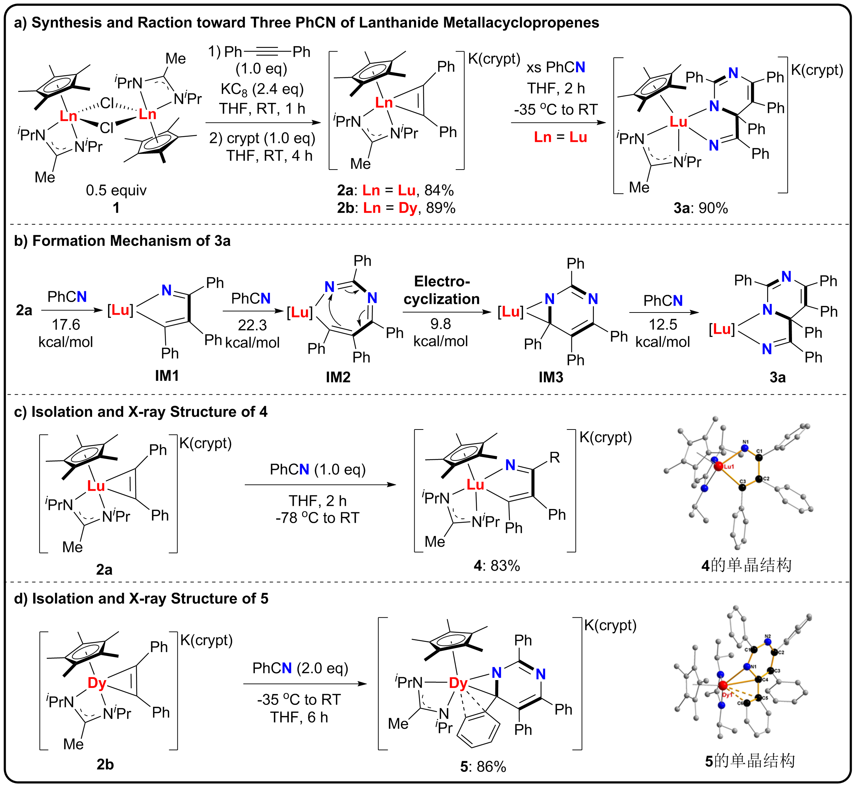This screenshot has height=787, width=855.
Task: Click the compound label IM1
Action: pyautogui.click(x=167, y=375)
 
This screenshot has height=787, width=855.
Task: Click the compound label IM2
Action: pyautogui.click(x=338, y=377)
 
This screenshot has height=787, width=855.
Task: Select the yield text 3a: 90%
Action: pyautogui.click(x=701, y=208)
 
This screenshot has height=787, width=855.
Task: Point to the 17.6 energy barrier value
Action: pyautogui.click(x=66, y=324)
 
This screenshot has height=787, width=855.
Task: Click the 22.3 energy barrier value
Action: pyautogui.click(x=252, y=325)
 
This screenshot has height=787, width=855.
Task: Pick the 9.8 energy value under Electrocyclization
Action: pyautogui.click(x=440, y=324)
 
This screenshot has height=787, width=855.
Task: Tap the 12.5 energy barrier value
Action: pyautogui.click(x=662, y=324)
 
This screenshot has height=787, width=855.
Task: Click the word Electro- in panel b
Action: pyautogui.click(x=442, y=282)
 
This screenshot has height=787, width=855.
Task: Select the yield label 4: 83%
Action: pyautogui.click(x=497, y=566)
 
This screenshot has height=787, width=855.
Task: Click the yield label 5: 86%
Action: pyautogui.click(x=483, y=766)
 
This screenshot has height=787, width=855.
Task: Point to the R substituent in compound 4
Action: pyautogui.click(x=554, y=457)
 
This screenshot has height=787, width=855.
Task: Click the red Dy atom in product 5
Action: pyautogui.click(x=458, y=683)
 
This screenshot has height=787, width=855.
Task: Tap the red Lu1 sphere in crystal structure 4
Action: pyautogui.click(x=718, y=466)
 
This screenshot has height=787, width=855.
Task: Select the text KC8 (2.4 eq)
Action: pyautogui.click(x=262, y=89)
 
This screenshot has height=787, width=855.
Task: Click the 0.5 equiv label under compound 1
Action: pyautogui.click(x=116, y=190)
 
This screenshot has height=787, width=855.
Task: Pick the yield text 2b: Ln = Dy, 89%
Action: pyautogui.click(x=396, y=208)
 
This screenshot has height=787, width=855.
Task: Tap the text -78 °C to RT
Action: pyautogui.click(x=317, y=518)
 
